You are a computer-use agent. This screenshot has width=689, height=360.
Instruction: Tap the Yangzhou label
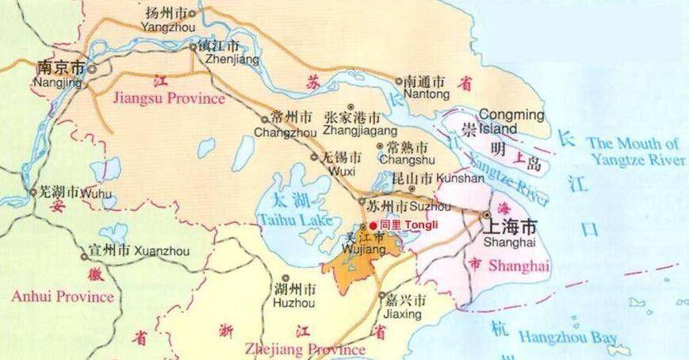pyautogui.click(x=168, y=20)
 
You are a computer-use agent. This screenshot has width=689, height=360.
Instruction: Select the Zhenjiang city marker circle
pyautogui.click(x=193, y=47)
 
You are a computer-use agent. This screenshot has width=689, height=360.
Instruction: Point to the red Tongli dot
pyautogui.click(x=373, y=225)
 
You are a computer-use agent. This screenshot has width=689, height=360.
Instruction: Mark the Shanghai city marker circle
pyautogui.click(x=485, y=214)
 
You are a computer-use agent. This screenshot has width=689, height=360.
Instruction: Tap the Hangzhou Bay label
pyautogui.click(x=568, y=337)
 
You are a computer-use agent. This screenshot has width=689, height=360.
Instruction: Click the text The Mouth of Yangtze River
pyautogui.click(x=634, y=151)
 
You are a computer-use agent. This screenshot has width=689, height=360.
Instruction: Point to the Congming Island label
pyautogui.click(x=511, y=121)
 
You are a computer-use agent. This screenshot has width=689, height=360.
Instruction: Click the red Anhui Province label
pyautogui.click(x=63, y=297)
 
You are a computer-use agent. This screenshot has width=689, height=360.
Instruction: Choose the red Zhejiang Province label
pyautogui.click(x=304, y=349)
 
